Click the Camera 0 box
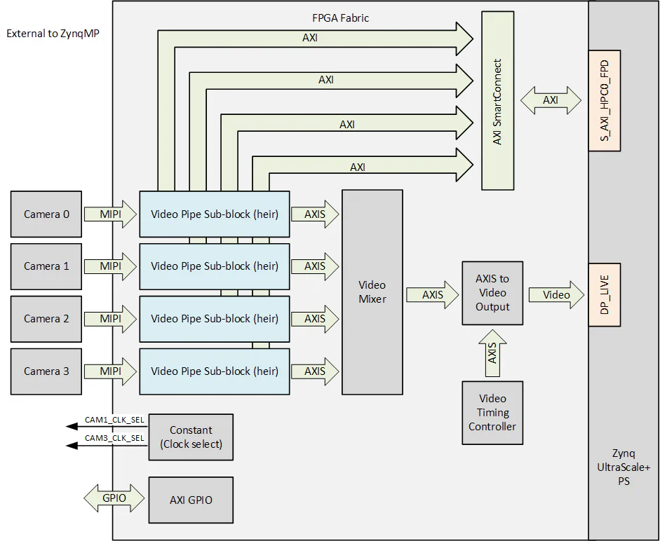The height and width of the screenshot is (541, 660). [46, 214]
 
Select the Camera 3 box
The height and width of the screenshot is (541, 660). [46, 371]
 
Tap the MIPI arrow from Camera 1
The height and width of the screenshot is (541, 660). [110, 266]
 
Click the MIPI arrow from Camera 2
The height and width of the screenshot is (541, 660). [110, 318]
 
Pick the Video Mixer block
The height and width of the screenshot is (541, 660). [372, 292]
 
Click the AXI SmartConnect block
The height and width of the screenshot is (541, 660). [497, 100]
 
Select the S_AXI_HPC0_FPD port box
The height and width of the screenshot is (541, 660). [605, 100]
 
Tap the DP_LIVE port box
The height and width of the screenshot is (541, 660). [605, 295]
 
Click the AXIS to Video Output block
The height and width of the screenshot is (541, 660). [492, 293]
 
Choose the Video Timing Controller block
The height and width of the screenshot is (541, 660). [492, 413]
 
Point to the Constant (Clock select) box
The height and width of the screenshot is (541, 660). [191, 437]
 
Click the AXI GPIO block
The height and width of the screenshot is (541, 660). [191, 500]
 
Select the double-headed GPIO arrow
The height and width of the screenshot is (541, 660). [114, 499]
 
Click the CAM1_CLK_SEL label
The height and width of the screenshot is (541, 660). [114, 420]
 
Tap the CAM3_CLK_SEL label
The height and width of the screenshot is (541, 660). [114, 438]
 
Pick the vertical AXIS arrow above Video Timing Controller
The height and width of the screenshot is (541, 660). [492, 353]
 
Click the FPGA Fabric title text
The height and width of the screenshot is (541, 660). [340, 18]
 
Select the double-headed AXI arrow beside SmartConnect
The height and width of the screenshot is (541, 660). [551, 100]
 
